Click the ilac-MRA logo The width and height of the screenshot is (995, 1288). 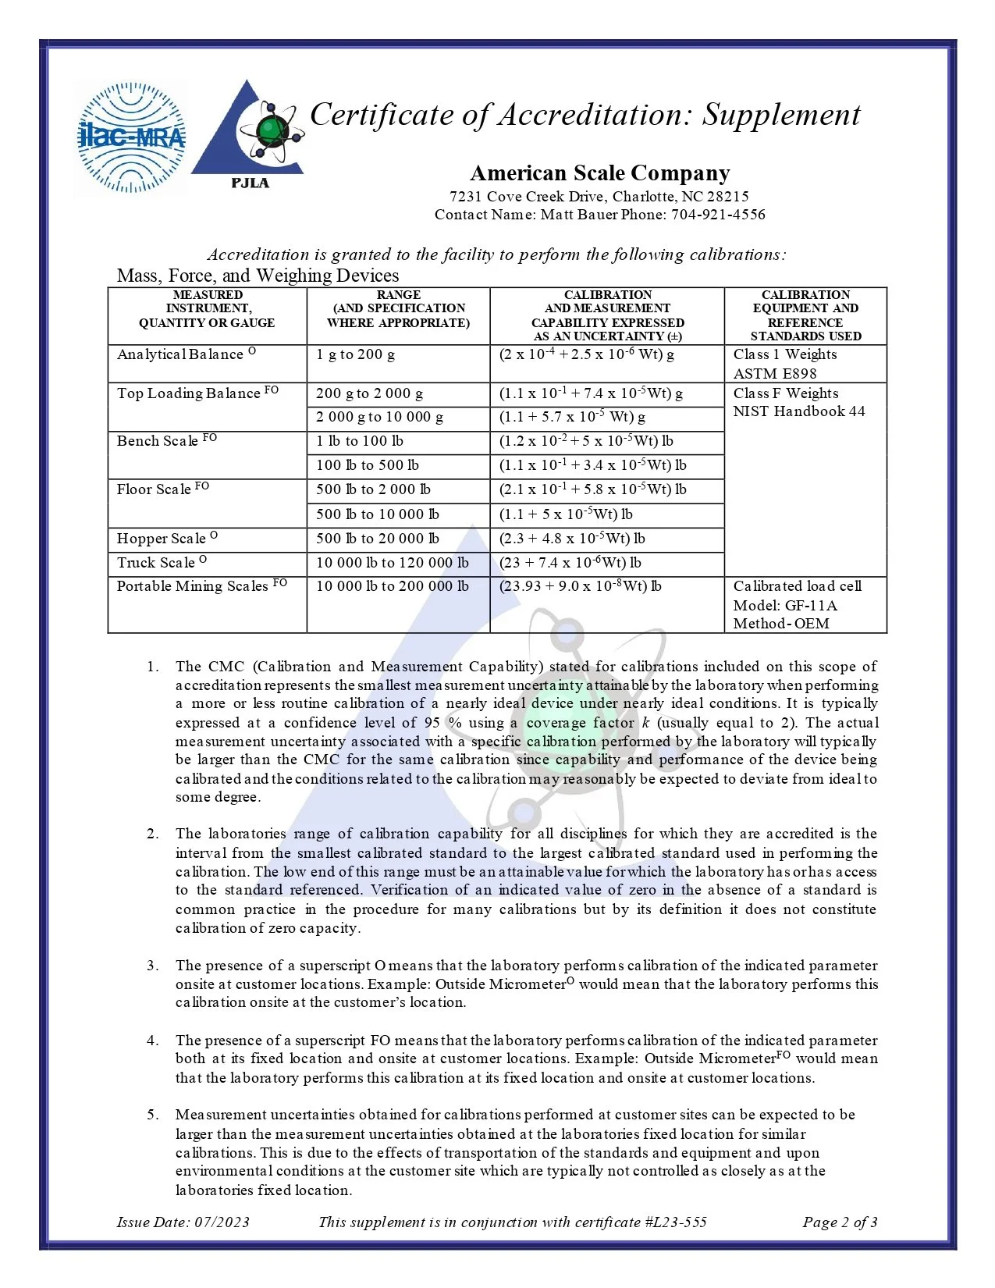point(132,137)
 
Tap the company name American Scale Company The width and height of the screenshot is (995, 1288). point(599,173)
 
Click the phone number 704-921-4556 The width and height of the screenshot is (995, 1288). point(718,215)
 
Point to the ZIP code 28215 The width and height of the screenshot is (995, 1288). point(727,197)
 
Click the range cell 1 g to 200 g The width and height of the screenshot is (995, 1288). point(355,354)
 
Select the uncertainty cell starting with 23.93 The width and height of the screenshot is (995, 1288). point(580,586)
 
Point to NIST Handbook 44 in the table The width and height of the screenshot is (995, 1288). point(798,411)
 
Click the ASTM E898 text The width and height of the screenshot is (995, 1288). point(774,374)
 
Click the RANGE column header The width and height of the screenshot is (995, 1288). point(398,295)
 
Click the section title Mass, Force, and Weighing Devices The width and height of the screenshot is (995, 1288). point(258,276)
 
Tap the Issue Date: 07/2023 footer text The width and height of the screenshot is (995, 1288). point(183,1222)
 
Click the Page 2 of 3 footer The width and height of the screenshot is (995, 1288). point(840,1222)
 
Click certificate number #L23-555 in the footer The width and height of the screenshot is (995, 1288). point(676,1222)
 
